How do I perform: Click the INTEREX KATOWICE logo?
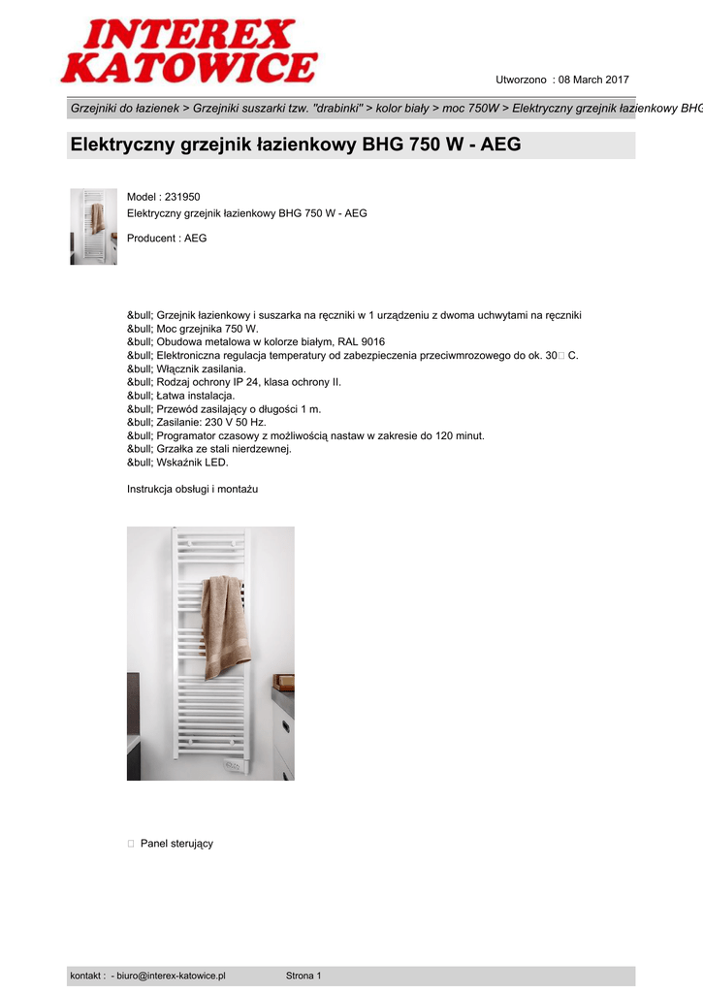[x=189, y=52]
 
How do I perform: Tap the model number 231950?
[x=182, y=197]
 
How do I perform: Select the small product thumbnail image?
[x=93, y=227]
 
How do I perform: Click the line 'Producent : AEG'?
[x=167, y=239]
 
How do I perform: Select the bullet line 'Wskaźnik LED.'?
[x=185, y=463]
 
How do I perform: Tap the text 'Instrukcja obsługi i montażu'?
[x=192, y=490]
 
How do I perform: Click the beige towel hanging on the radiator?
[x=225, y=625]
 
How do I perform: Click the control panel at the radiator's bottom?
[x=234, y=767]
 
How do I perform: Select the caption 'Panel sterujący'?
[x=176, y=844]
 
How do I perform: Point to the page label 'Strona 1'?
[x=304, y=976]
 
